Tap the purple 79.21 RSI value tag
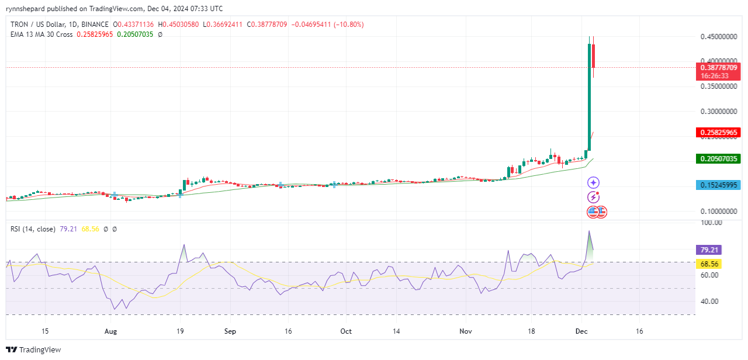click(710, 250)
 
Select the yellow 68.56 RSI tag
click(710, 264)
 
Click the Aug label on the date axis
click(110, 331)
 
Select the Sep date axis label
click(230, 331)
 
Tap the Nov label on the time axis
click(465, 331)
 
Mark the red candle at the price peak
click(594, 56)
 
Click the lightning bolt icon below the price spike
click(593, 198)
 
